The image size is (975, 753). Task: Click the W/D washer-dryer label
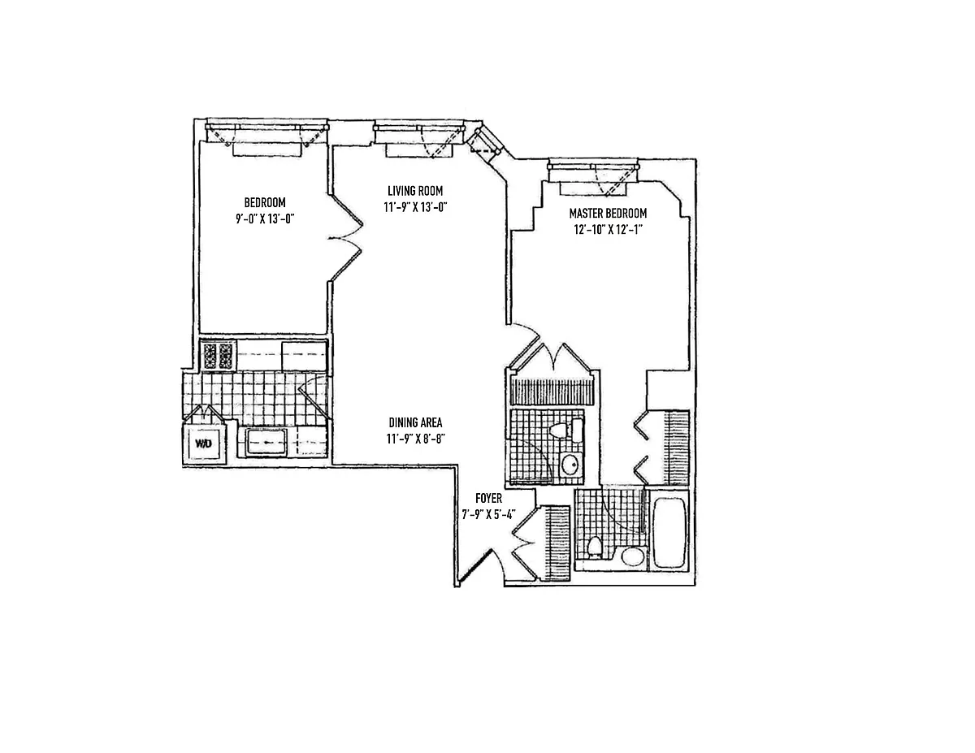[x=203, y=444]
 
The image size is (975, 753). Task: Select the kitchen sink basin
[x=266, y=443]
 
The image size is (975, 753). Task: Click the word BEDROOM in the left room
[x=265, y=202]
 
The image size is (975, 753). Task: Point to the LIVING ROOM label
[x=414, y=191]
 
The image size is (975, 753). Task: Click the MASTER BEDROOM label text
[x=608, y=213]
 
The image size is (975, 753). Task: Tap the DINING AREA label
[x=414, y=422]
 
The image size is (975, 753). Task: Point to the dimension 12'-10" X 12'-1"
[x=608, y=229]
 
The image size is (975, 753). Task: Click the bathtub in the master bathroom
[x=669, y=534]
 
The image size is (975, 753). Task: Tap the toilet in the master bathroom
[x=593, y=547]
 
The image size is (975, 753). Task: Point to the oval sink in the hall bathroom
[x=570, y=465]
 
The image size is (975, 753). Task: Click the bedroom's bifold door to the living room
[x=345, y=237]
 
